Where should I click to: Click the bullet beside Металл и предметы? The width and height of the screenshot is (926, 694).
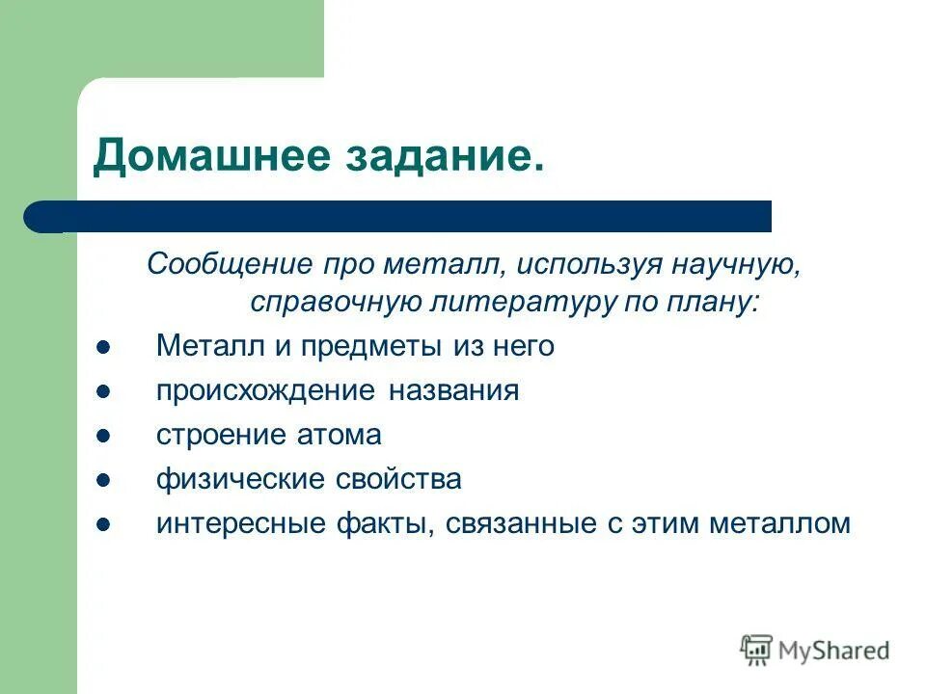click(104, 348)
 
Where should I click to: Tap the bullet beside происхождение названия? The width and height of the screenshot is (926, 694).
click(104, 392)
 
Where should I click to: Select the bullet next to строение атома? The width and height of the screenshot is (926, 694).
click(104, 437)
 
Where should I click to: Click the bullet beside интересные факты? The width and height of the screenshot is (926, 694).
click(104, 525)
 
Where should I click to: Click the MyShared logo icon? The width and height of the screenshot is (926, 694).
click(757, 651)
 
